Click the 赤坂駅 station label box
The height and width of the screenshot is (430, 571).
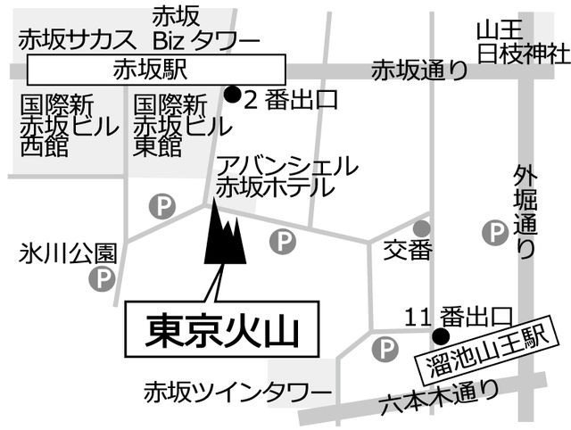(x=156, y=70)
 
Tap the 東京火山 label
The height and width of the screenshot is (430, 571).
(x=222, y=329)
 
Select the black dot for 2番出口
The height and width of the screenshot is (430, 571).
(x=232, y=95)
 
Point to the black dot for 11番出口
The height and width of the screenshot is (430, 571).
(x=440, y=335)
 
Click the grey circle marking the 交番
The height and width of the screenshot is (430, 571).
(x=422, y=228)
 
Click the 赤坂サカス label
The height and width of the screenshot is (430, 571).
(x=78, y=40)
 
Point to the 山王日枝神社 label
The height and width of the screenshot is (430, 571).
(x=524, y=43)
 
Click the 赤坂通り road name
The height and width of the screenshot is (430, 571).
(x=419, y=70)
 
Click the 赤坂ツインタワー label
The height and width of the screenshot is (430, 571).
(x=238, y=393)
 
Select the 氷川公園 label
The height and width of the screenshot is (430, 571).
(x=68, y=253)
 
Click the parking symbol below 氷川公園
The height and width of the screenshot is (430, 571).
(x=103, y=278)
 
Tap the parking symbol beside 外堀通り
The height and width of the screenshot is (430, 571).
(x=495, y=233)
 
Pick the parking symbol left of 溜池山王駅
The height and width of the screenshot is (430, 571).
(x=385, y=349)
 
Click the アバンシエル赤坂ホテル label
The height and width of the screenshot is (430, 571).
(x=286, y=177)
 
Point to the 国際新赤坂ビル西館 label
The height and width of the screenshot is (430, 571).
(x=70, y=126)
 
